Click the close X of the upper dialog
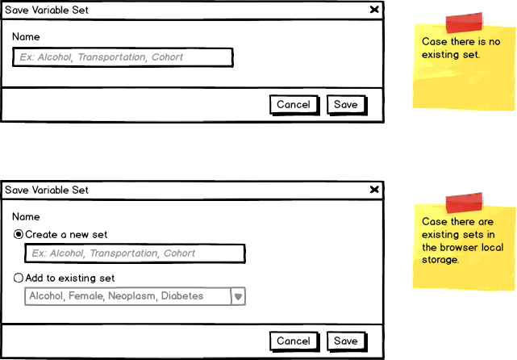pos(374,10)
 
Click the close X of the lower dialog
pos(374,190)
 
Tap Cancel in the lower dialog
pos(294,341)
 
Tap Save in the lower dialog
pos(345,341)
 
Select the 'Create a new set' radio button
pos(19,234)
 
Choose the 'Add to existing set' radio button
pos(19,278)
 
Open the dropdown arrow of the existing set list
pos(238,296)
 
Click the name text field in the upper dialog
pos(123,57)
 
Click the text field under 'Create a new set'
pos(135,253)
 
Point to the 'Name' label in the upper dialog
pos(26,36)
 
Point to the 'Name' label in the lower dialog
pos(26,216)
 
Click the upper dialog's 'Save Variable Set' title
pos(47,10)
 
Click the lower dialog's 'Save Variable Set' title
pos(47,190)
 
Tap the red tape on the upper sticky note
pos(464,23)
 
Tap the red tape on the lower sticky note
pos(464,203)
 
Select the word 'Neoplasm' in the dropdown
pos(132,295)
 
